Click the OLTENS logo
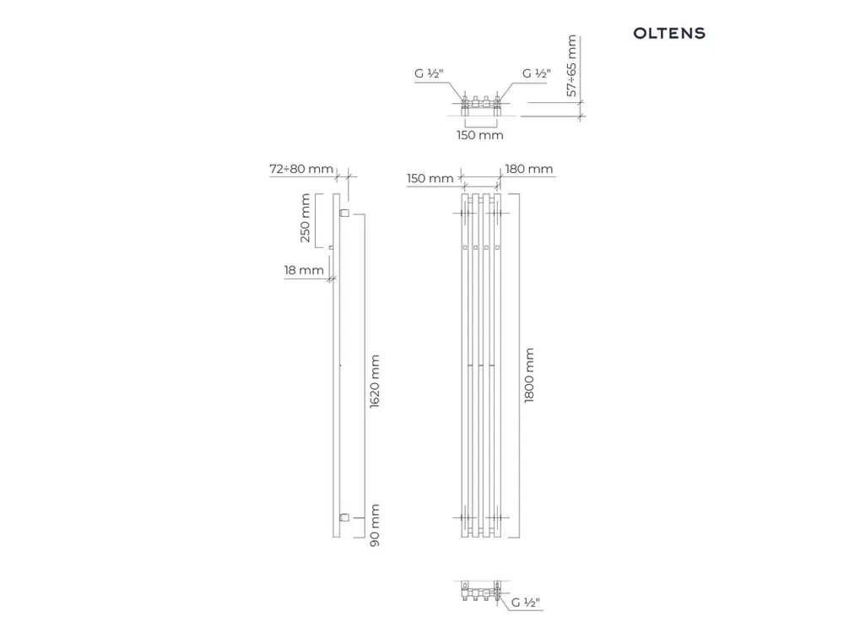coord(669,34)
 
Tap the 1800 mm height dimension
coord(529,376)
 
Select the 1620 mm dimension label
coord(375,381)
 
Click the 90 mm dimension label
coord(375,525)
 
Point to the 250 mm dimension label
coord(305,218)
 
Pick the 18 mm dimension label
coord(304,270)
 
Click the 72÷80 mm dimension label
coord(301,169)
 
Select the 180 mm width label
coord(529,169)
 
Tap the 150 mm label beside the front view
coord(430,179)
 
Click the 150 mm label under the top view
coord(480,135)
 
